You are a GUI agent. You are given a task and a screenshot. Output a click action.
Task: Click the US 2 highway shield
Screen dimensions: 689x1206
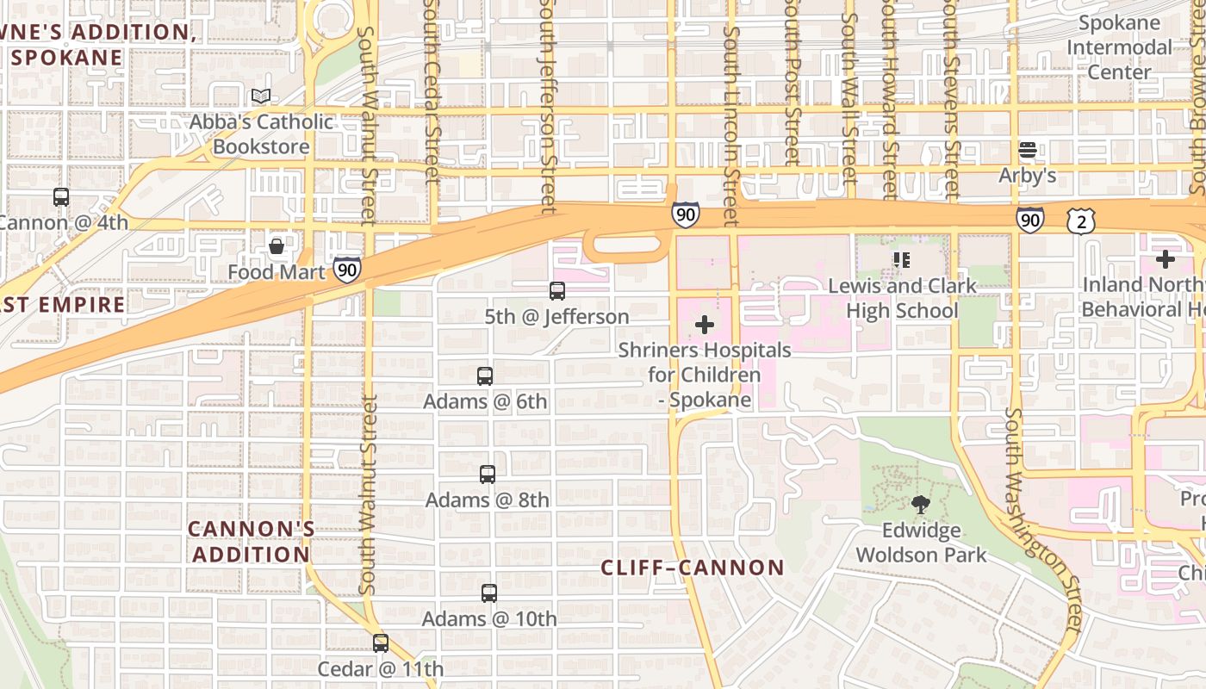click(x=1083, y=222)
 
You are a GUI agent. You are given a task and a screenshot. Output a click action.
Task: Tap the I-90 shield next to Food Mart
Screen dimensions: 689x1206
click(x=347, y=269)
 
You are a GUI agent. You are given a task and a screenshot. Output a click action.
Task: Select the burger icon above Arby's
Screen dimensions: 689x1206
click(x=1027, y=151)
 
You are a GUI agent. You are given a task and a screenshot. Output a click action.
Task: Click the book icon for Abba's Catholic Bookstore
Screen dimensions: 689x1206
click(x=261, y=96)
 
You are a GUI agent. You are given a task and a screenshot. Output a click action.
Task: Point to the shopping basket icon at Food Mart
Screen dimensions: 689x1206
click(x=277, y=247)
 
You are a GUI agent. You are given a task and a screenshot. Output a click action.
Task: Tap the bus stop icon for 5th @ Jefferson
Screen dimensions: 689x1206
click(x=557, y=291)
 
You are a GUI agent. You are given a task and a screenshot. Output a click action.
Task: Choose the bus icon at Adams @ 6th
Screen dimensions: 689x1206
click(x=485, y=376)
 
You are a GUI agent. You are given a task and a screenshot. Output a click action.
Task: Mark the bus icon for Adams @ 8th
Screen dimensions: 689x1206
click(x=488, y=474)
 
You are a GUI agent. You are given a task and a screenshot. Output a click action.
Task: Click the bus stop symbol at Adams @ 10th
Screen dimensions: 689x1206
click(x=489, y=593)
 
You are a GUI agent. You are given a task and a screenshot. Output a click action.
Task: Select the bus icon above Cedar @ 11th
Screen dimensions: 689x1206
click(x=381, y=642)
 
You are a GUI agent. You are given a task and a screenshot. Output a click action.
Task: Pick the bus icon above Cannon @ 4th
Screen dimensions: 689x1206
click(x=61, y=196)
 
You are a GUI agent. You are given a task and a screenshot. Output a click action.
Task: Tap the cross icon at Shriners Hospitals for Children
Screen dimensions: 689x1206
click(x=705, y=325)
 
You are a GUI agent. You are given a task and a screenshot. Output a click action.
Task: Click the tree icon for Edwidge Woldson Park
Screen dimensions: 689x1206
click(x=921, y=505)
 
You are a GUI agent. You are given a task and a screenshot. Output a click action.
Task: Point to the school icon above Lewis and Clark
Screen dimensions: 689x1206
click(x=902, y=259)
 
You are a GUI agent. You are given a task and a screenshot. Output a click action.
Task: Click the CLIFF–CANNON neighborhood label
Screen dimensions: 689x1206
click(x=693, y=568)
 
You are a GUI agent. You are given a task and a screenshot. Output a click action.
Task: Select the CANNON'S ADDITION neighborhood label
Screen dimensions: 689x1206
click(x=251, y=541)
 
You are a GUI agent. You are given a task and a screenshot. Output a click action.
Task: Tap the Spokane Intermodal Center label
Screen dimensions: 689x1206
click(x=1119, y=47)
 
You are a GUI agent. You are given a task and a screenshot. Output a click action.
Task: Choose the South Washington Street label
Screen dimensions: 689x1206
click(x=1043, y=517)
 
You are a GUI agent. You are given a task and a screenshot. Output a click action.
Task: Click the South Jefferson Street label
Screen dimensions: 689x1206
click(x=547, y=103)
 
